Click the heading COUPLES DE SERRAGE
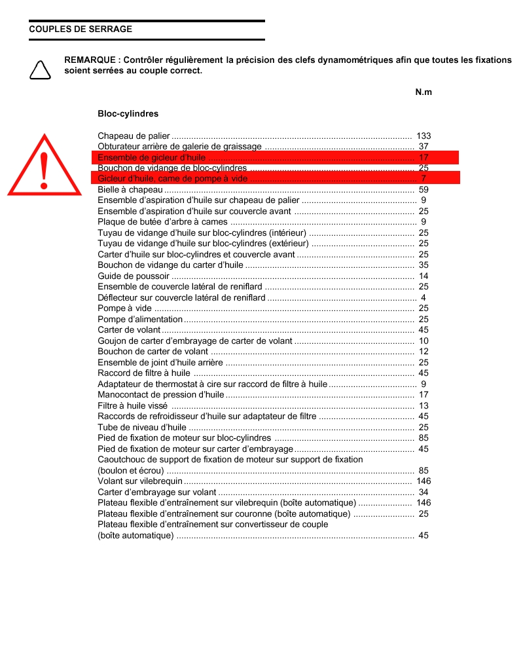[x=81, y=29]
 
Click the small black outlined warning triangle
[x=40, y=69]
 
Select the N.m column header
[x=424, y=92]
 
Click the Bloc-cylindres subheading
[x=128, y=114]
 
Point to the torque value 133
[x=424, y=136]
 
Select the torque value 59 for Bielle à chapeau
[x=424, y=190]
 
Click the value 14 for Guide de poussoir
[x=424, y=276]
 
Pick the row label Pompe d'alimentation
[x=140, y=320]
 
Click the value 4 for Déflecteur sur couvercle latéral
[x=424, y=298]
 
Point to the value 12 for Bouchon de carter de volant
[x=424, y=352]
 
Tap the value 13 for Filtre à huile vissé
[x=424, y=406]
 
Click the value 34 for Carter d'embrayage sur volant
[x=424, y=492]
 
